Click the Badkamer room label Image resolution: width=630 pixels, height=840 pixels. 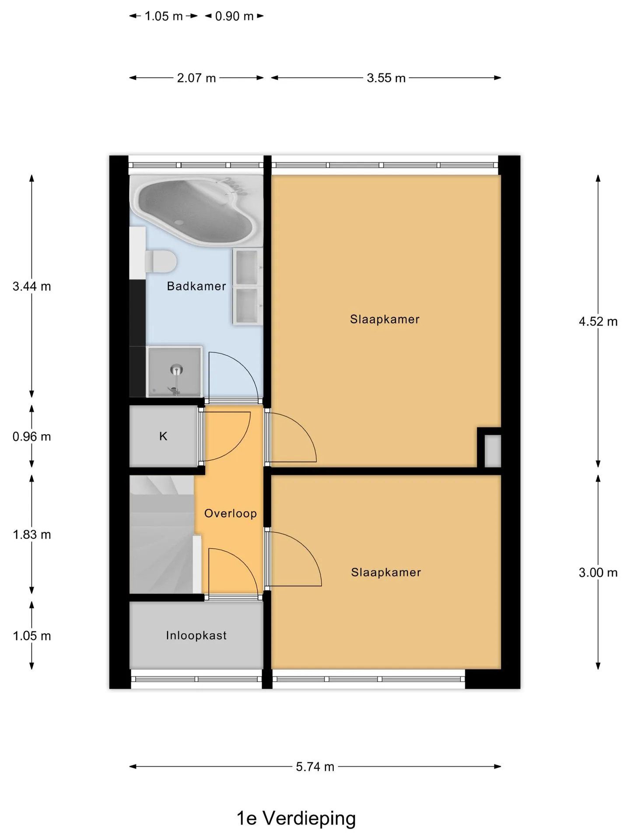pyautogui.click(x=196, y=286)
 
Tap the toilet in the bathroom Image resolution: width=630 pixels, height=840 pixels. pyautogui.click(x=160, y=261)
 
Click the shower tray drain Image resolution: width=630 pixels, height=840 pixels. pyautogui.click(x=176, y=370)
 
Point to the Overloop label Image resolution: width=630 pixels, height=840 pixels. pyautogui.click(x=231, y=513)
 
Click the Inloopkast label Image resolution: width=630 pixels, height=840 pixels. pyautogui.click(x=196, y=635)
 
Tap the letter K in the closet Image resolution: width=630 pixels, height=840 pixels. pyautogui.click(x=163, y=436)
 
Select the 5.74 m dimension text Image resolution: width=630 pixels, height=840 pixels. pyautogui.click(x=315, y=766)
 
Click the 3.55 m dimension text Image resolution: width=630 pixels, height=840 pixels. pyautogui.click(x=386, y=78)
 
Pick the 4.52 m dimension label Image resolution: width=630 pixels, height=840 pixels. pyautogui.click(x=598, y=322)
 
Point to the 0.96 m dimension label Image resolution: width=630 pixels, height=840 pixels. pyautogui.click(x=32, y=437)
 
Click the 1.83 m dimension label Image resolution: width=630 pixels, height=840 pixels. pyautogui.click(x=32, y=535)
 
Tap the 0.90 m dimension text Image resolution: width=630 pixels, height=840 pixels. pyautogui.click(x=234, y=16)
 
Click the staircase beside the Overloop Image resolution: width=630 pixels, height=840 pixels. pyautogui.click(x=162, y=534)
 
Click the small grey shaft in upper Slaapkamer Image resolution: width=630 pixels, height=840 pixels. pyautogui.click(x=493, y=451)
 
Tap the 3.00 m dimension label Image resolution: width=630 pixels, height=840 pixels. pyautogui.click(x=598, y=573)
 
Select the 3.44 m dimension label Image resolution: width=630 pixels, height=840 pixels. pyautogui.click(x=32, y=287)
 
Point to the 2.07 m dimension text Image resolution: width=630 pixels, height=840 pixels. pyautogui.click(x=196, y=78)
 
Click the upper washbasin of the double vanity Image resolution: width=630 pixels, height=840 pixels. pyautogui.click(x=247, y=267)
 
